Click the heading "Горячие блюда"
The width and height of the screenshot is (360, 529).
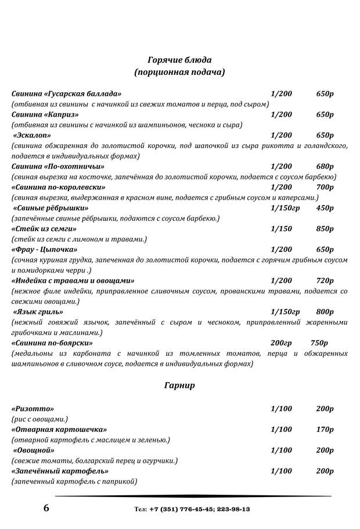[179, 60]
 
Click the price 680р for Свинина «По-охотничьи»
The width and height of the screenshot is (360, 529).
[325, 167]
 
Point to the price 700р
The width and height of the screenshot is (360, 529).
[325, 187]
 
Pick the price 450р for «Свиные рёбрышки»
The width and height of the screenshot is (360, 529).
[325, 208]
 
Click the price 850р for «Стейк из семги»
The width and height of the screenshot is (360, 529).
[325, 229]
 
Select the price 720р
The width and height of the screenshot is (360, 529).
[325, 280]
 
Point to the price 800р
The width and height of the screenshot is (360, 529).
[325, 312]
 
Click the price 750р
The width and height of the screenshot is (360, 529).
[319, 343]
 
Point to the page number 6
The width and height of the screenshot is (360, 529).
[46, 509]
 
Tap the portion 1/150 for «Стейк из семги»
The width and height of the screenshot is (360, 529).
[282, 229]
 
